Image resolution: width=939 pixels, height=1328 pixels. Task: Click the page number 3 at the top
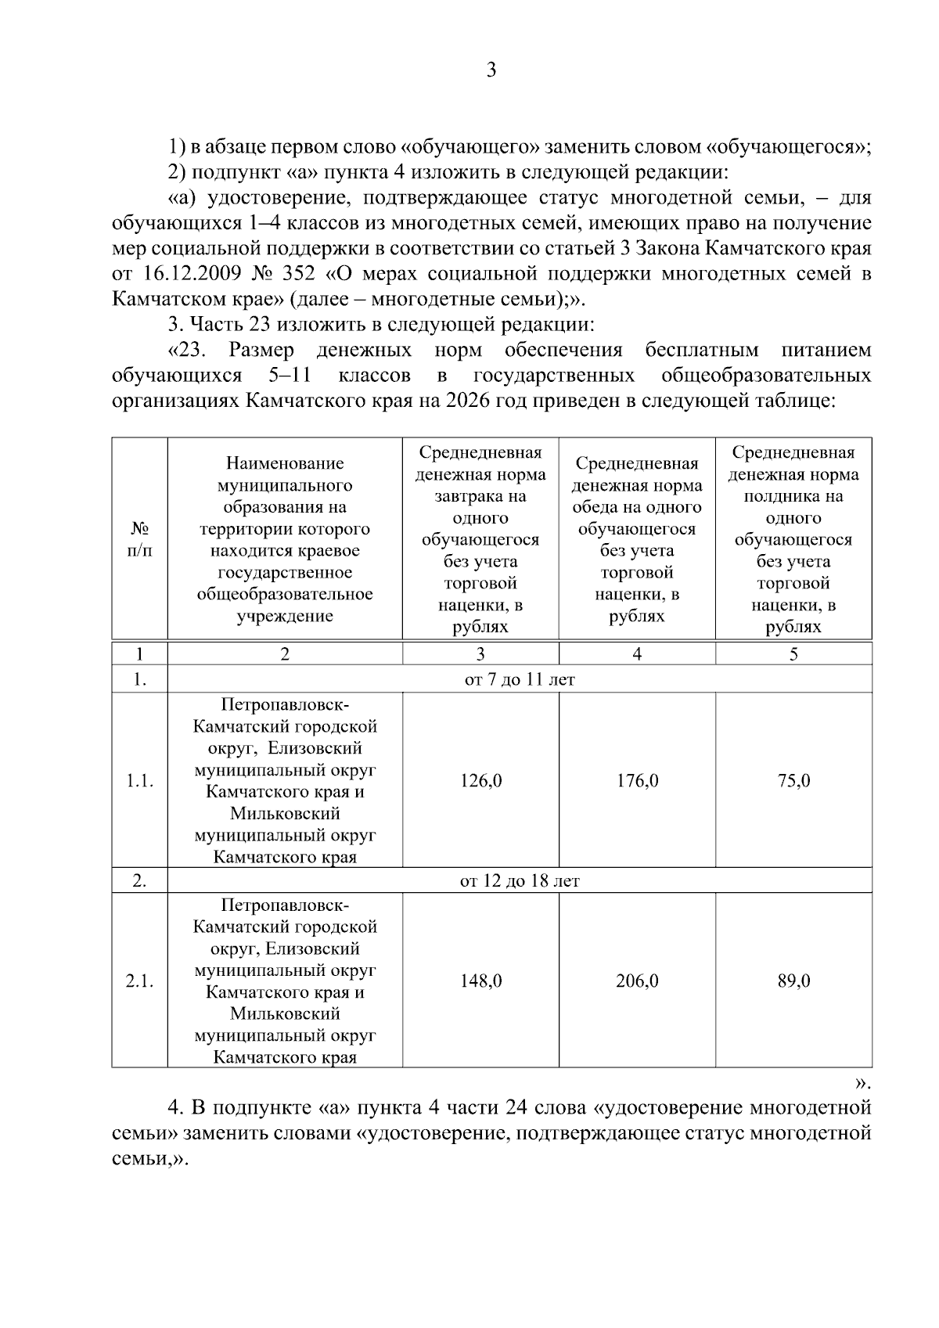(x=491, y=70)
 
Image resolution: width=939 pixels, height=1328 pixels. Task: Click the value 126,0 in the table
(x=480, y=781)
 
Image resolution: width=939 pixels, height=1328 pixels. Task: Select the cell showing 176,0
(x=637, y=781)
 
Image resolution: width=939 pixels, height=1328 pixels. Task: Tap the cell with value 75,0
(x=793, y=781)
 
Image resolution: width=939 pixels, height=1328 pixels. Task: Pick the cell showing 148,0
(x=480, y=981)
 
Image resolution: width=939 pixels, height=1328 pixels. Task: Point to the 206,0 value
(x=637, y=981)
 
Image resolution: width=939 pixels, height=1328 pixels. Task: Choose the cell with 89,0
(x=793, y=981)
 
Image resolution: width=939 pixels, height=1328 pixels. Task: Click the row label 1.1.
(x=139, y=781)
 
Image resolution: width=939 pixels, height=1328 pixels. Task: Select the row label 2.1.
(x=139, y=981)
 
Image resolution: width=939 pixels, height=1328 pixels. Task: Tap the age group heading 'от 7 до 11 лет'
(x=520, y=680)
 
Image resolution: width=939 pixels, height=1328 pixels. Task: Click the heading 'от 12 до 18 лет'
(x=520, y=881)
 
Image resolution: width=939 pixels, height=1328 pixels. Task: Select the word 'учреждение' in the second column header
(x=285, y=616)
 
